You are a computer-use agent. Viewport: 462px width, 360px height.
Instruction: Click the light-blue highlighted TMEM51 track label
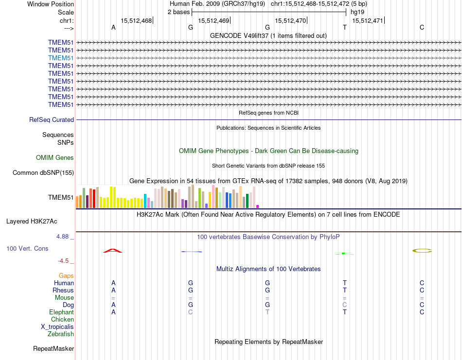click(x=61, y=58)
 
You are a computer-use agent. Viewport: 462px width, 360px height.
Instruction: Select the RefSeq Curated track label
click(x=52, y=120)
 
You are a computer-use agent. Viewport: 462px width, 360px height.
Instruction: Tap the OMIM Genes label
click(x=55, y=157)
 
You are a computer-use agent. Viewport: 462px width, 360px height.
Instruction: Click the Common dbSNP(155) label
click(x=43, y=172)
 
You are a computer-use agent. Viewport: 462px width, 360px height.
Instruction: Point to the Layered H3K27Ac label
click(x=32, y=221)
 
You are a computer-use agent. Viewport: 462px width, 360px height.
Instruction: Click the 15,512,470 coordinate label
click(x=290, y=21)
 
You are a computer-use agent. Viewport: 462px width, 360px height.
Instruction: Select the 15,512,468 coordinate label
click(x=136, y=21)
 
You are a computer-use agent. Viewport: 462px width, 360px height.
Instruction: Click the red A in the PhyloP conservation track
click(x=113, y=251)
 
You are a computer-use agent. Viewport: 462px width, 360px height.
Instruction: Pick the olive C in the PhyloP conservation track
click(x=422, y=251)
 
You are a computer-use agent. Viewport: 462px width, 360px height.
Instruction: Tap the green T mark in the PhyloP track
click(x=344, y=253)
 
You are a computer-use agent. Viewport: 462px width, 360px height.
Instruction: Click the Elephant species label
click(x=61, y=312)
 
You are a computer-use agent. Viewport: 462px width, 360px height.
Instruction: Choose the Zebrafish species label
click(x=61, y=334)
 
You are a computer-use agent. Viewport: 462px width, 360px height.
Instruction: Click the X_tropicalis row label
click(x=57, y=326)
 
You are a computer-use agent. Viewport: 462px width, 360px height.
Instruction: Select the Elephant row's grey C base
click(x=191, y=312)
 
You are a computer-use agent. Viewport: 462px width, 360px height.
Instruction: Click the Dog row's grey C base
click(x=345, y=305)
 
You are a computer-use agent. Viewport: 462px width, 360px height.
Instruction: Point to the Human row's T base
click(x=345, y=283)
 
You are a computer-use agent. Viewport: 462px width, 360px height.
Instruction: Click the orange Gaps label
click(x=66, y=275)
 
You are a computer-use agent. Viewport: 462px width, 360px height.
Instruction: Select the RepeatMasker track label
click(x=53, y=348)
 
